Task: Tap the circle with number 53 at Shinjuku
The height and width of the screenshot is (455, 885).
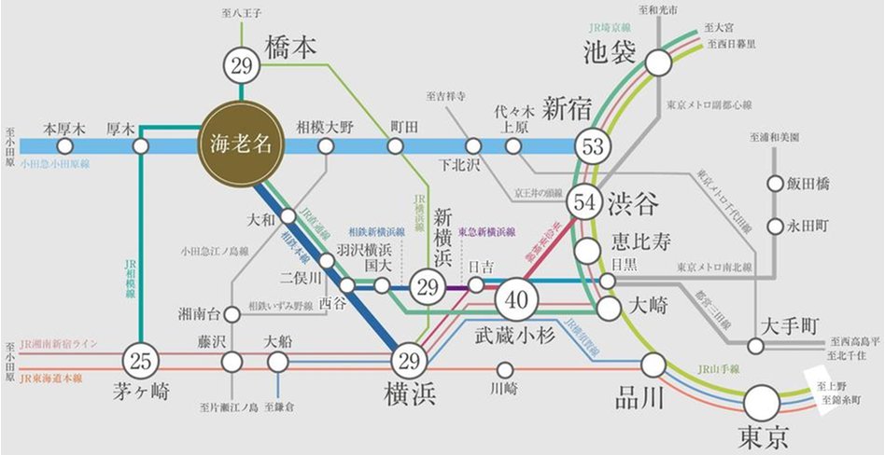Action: (590, 146)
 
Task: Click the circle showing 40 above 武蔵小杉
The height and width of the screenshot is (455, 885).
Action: (516, 298)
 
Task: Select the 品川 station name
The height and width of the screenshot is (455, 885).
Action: (639, 398)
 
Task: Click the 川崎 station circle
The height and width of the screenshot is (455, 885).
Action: (505, 369)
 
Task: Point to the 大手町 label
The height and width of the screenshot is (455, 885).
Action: (789, 325)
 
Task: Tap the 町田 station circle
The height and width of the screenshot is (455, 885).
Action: (395, 146)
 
